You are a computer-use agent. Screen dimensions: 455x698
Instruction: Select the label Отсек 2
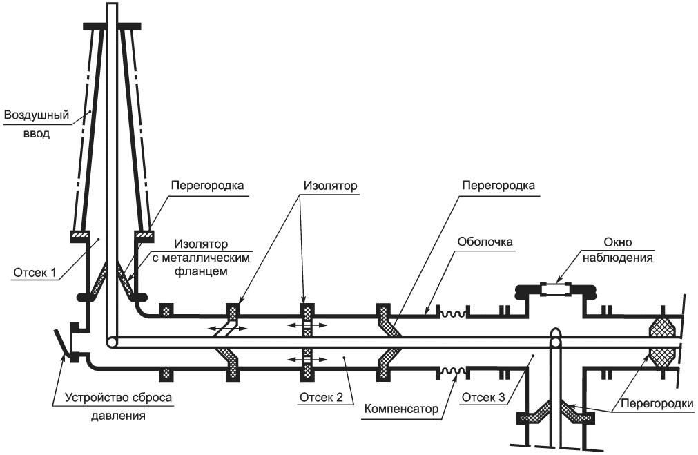[x=320, y=398]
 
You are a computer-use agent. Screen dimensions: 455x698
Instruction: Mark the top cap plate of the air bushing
[x=112, y=26]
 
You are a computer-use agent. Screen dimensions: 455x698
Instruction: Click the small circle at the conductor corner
[x=110, y=342]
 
